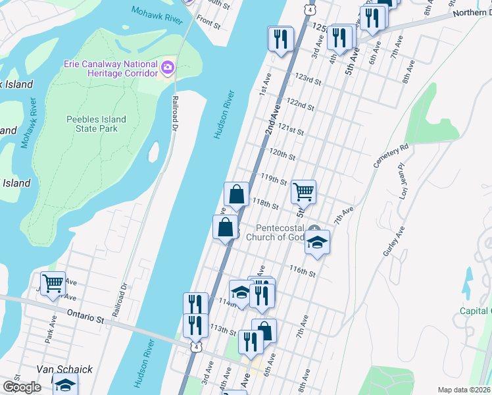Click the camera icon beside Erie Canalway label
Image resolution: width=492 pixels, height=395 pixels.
168,67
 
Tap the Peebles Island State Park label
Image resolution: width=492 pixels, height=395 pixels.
96,124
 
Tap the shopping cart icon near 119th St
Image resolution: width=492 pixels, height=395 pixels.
303,192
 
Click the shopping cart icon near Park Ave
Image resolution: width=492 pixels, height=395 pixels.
53,283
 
